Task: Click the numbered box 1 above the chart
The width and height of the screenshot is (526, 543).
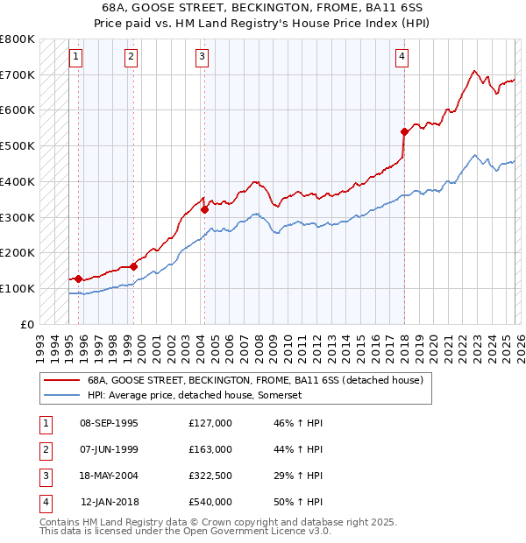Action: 76,57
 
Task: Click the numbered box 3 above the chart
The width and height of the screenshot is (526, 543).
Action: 202,57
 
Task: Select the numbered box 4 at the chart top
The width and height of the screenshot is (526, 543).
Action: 402,57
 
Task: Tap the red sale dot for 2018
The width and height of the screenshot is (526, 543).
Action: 404,131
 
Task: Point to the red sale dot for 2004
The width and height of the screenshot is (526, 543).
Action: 204,209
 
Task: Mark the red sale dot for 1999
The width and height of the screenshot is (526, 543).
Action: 133,266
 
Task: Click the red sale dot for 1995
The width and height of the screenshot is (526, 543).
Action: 79,279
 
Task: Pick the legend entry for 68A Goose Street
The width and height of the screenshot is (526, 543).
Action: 255,380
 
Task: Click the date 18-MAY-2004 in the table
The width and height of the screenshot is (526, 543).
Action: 109,476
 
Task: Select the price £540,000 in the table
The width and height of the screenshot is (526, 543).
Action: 210,502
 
